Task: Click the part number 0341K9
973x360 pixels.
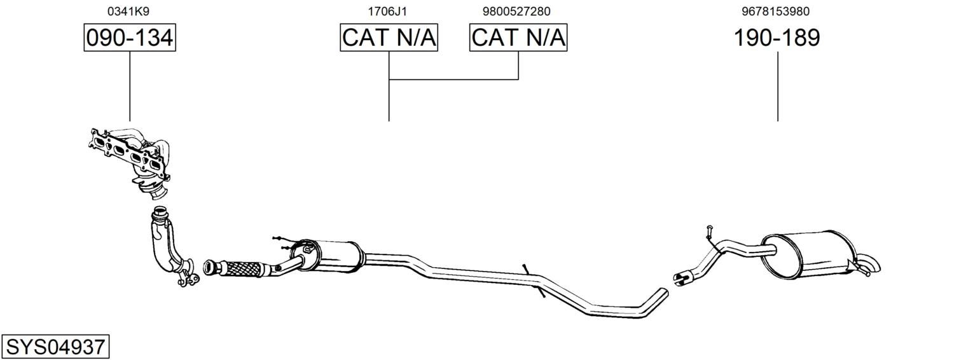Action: click(x=128, y=11)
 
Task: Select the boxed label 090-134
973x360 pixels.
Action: click(x=130, y=38)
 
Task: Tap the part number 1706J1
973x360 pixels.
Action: click(x=387, y=11)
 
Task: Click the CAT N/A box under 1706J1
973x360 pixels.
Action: click(x=389, y=38)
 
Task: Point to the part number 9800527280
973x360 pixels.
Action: click(x=516, y=11)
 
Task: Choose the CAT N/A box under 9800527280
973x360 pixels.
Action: click(x=518, y=38)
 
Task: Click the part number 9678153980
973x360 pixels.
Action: click(x=776, y=11)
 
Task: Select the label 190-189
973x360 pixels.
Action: click(x=777, y=38)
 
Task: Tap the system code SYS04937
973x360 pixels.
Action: click(x=55, y=347)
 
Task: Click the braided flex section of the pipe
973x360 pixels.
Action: click(x=245, y=269)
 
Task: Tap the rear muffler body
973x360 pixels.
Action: click(x=808, y=255)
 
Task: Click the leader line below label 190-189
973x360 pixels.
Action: click(x=778, y=87)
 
